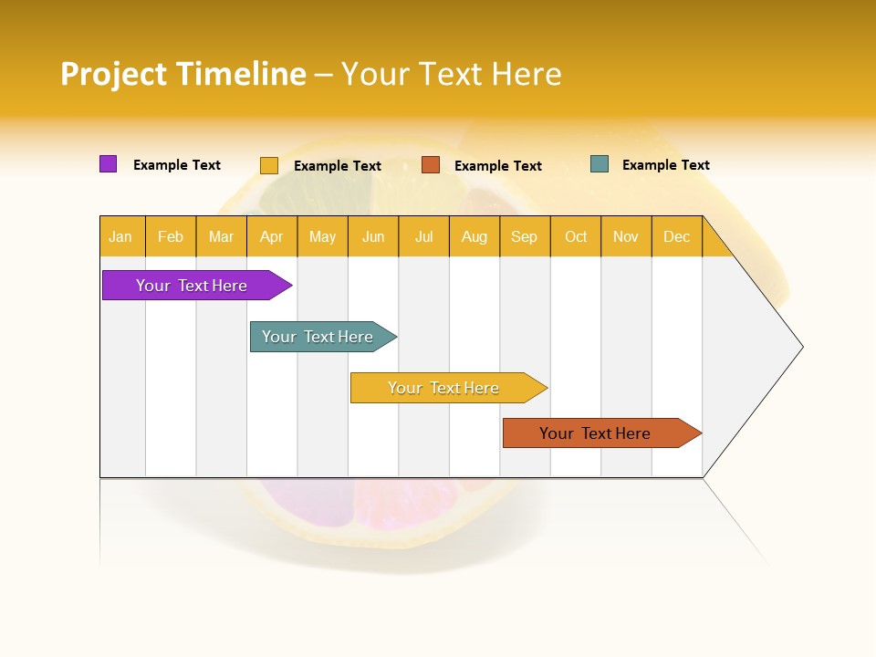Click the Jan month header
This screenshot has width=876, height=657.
point(121,236)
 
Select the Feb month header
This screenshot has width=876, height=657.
point(171,236)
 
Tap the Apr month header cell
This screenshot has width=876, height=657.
point(272,236)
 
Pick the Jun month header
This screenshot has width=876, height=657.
point(373,236)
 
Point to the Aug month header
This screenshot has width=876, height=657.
point(474,236)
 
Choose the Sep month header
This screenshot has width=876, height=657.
point(525,236)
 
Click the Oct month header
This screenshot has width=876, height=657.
point(576,236)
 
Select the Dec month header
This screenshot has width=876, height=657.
point(677,236)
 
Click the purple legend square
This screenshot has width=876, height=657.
point(108,164)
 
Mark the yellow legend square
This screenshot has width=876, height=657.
point(269,165)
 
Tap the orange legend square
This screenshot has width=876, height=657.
point(431,165)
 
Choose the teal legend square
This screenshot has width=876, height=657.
point(600,164)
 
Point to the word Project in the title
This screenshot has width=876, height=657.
point(114,74)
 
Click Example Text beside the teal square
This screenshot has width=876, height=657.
point(665,165)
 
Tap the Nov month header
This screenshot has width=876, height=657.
point(626,236)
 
